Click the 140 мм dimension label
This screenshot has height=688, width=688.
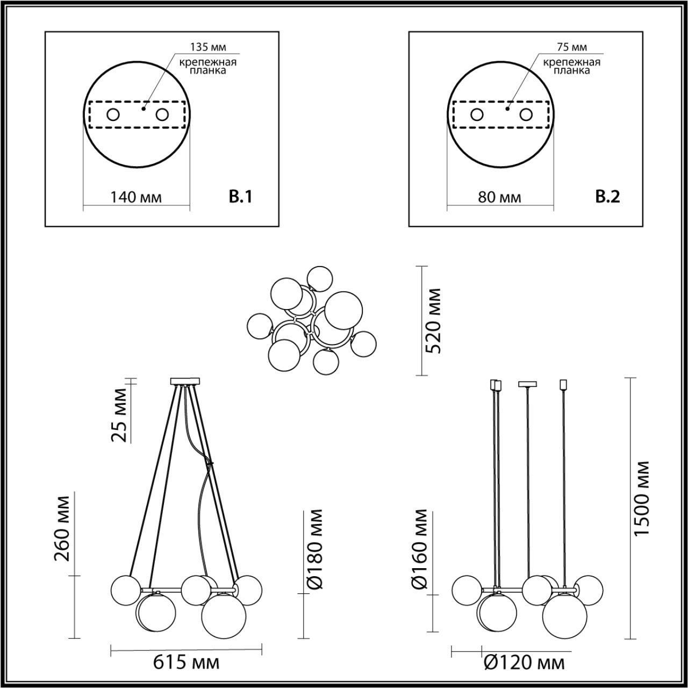point(136,197)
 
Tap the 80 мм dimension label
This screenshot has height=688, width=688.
point(499,197)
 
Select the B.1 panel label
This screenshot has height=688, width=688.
point(240,197)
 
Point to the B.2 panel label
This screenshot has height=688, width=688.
point(608,197)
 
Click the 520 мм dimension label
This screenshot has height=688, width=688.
point(433,320)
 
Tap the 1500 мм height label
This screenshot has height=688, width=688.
point(642,498)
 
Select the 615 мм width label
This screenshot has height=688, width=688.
point(186,663)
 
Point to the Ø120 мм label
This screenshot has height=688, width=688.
point(524,663)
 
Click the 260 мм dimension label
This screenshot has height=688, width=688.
point(62,528)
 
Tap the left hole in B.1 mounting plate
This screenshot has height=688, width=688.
point(113,114)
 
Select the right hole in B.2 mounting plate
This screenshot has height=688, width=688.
point(526,114)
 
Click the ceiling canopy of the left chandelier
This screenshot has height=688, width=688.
point(184,382)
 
